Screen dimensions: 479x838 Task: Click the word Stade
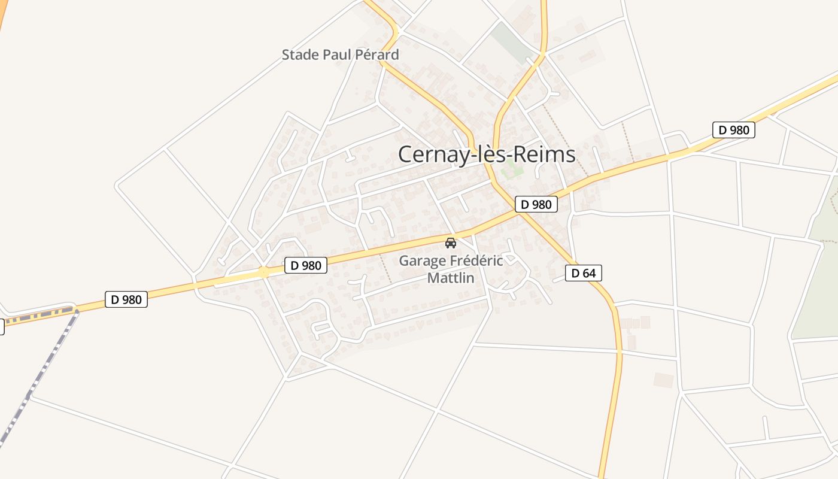[x=300, y=55]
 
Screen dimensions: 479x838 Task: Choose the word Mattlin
[x=450, y=278]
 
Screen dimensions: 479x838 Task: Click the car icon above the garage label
[x=451, y=243]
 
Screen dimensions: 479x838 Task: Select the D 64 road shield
[x=583, y=274]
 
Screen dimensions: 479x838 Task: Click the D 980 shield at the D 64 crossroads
[x=536, y=204]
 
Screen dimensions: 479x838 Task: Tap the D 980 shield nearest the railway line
[x=126, y=299]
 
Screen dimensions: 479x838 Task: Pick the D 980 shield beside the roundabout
[x=305, y=265]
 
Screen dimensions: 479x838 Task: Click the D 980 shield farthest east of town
[x=733, y=130]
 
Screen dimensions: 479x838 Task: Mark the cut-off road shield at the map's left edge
[x=2, y=326]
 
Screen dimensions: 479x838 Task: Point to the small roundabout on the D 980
[x=264, y=272]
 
